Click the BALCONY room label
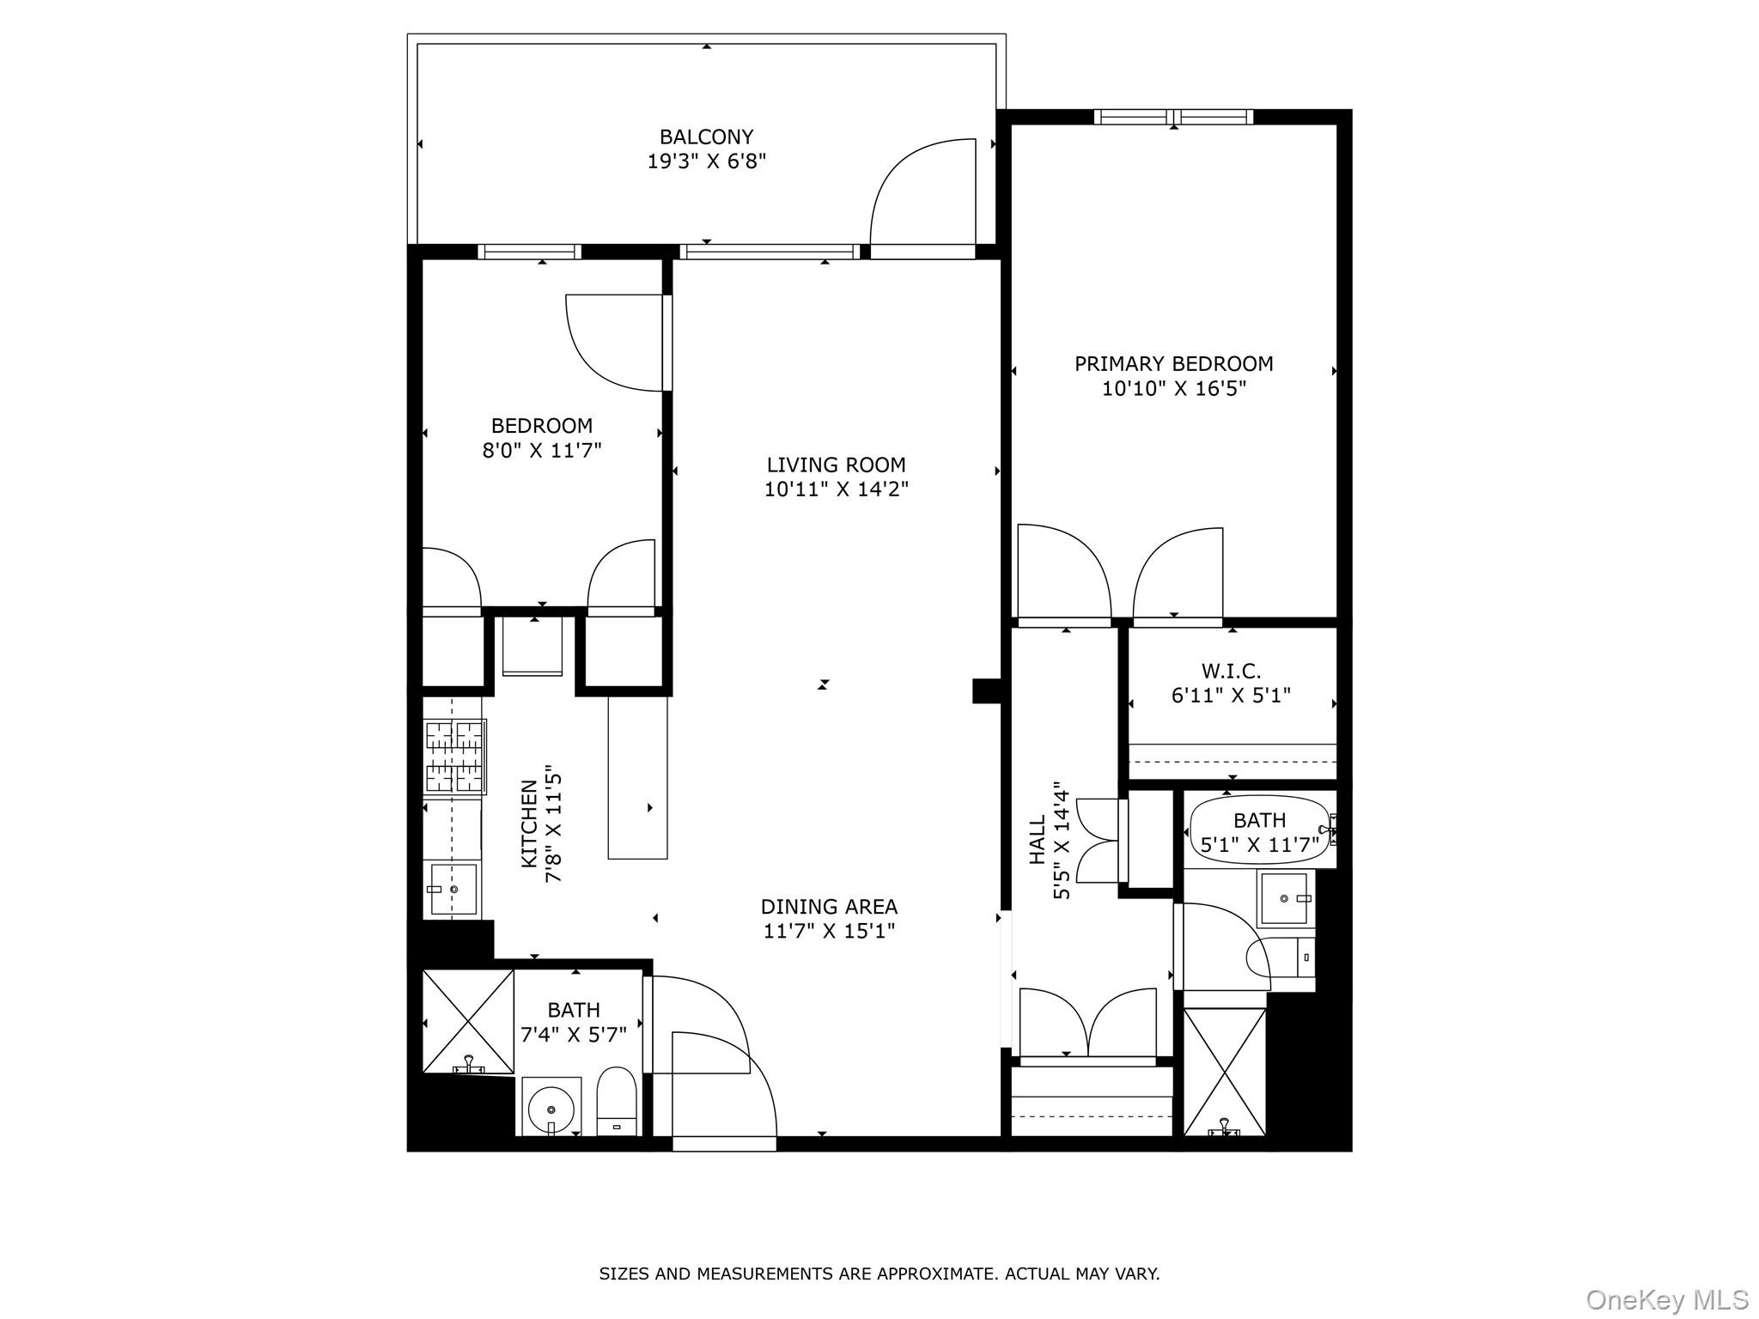pos(706,137)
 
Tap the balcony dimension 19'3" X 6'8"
pos(706,161)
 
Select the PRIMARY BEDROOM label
pos(1173,364)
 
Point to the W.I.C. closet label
pos(1231,671)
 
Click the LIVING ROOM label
pos(836,465)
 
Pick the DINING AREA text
pos(829,907)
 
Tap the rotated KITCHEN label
pos(529,823)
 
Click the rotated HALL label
pos(1038,840)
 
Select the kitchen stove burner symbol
pos(455,756)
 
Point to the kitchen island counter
pos(637,777)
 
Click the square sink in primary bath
pos(1284,899)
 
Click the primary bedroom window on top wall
pos(1173,117)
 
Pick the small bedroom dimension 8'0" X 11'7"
pos(541,450)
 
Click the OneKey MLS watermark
pos(1667,1299)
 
